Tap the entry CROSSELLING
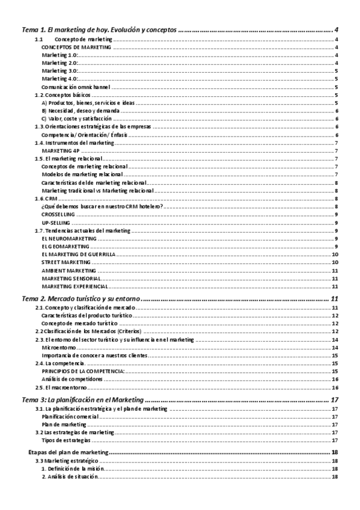pos(59,215)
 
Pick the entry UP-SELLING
pos(56,223)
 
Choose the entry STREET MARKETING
pos(67,263)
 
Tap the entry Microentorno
pos(58,348)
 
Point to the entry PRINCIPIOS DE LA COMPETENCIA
pos(83,372)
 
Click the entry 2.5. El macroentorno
pos(61,388)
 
